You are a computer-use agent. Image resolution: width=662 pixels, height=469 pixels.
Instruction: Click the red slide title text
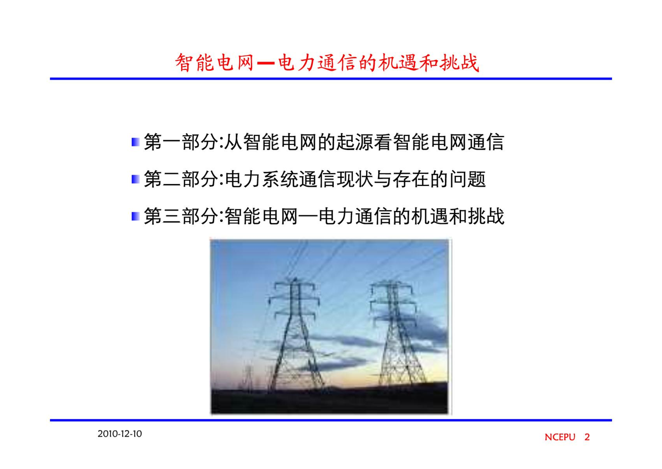point(327,62)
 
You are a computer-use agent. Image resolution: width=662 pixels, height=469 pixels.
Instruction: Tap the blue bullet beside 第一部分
point(135,142)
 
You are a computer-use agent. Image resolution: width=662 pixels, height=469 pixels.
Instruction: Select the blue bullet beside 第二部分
point(135,179)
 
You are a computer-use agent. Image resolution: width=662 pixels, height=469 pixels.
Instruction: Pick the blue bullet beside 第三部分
point(135,216)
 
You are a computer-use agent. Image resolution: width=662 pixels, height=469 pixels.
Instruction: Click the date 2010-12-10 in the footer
point(120,434)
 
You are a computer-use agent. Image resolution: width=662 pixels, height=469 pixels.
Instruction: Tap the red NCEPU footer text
point(560,437)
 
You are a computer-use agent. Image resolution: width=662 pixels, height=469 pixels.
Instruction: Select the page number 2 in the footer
point(587,437)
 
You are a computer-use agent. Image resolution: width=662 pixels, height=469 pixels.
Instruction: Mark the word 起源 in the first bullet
point(355,142)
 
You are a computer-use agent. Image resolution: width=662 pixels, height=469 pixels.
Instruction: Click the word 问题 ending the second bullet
point(467,179)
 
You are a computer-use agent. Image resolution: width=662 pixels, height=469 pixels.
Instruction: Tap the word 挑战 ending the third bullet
point(486,216)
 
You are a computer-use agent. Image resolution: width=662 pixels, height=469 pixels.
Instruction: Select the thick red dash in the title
point(265,63)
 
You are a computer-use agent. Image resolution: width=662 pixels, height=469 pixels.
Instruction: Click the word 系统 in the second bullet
point(280,179)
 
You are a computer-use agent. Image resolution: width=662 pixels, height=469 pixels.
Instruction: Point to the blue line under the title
point(331,79)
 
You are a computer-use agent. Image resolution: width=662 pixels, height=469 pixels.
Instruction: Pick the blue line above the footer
point(331,420)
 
